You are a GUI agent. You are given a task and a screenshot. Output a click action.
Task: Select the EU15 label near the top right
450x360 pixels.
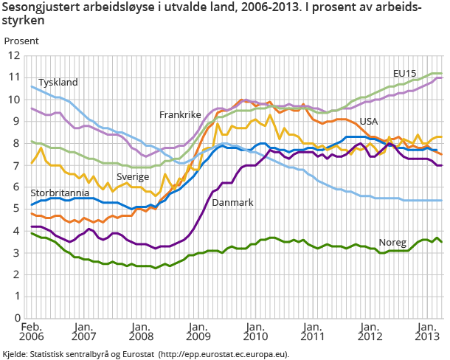404,74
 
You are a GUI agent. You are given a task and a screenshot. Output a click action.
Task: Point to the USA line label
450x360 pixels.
370,121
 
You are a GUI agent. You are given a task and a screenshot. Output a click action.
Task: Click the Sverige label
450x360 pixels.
133,177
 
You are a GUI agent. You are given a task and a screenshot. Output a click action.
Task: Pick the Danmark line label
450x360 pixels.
233,201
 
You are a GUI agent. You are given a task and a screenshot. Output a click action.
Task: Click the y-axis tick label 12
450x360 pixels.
13,55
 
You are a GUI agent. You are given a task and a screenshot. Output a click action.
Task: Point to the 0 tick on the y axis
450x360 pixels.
16,318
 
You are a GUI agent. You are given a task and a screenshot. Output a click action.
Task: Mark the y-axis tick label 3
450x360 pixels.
16,252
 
